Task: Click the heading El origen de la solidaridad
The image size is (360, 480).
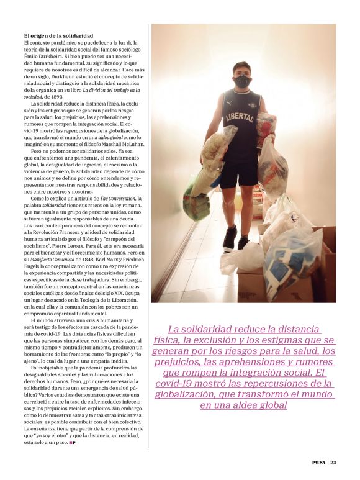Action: pos(58,37)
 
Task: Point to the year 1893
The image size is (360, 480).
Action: pos(73,96)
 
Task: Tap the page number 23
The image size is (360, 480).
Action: pos(333,461)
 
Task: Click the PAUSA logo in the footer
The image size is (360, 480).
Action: pos(318,461)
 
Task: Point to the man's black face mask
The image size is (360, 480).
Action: pos(242,81)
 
